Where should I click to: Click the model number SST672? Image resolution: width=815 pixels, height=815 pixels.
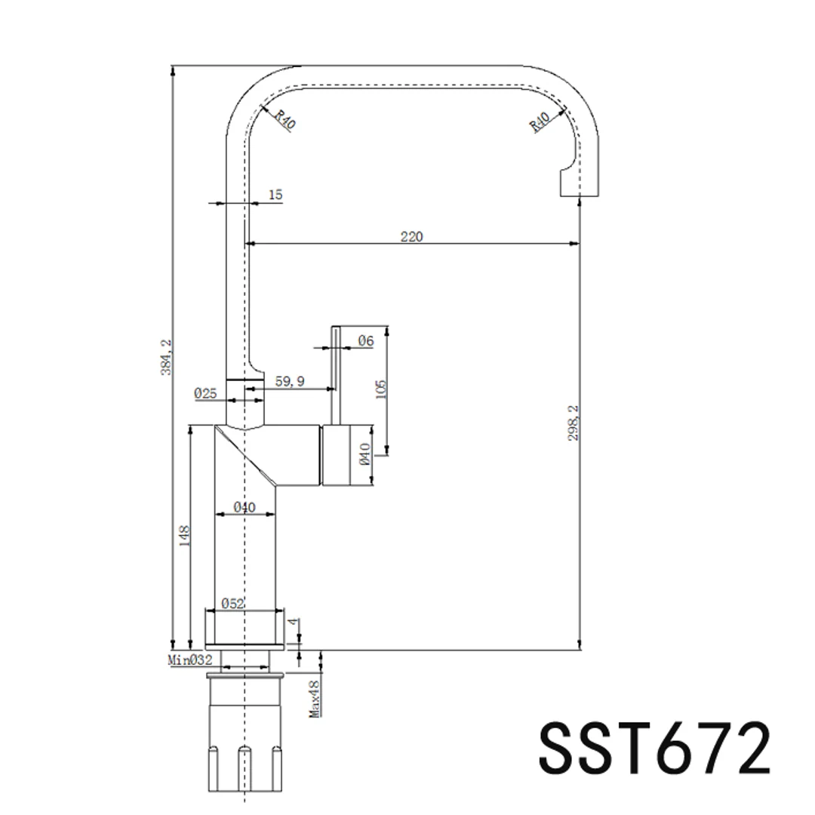point(654,749)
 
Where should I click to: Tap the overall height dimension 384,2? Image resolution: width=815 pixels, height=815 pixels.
point(166,357)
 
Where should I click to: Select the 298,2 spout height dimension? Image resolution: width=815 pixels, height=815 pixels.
point(573,423)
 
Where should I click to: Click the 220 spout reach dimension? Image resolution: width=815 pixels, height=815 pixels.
point(412,236)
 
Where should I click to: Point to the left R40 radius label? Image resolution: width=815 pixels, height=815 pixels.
point(285,119)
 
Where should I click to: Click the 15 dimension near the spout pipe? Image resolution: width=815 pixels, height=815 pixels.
point(275,195)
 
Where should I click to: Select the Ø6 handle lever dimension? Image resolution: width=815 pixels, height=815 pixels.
point(366,341)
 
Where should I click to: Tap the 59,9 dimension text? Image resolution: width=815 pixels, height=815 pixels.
point(290,381)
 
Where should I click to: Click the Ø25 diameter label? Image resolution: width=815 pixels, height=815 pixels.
point(205,393)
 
